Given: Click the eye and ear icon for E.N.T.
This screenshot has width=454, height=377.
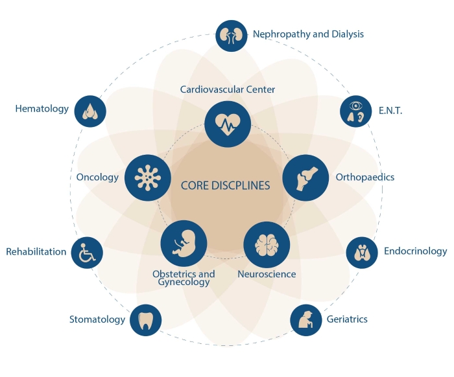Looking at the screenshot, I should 355,111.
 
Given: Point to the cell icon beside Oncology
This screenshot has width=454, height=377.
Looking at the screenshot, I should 148,177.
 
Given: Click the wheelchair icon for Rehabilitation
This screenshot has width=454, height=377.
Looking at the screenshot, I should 86,251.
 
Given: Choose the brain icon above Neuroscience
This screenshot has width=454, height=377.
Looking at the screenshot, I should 267,244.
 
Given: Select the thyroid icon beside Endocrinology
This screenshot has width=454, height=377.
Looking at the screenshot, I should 362,252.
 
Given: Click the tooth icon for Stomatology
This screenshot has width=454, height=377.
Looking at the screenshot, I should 145,319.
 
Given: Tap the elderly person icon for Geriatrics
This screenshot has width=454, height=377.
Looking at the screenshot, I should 305,319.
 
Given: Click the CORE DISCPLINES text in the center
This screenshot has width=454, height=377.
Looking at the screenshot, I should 225,186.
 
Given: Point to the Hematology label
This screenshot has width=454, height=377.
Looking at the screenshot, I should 42,109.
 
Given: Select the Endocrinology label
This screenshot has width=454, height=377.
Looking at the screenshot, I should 415,251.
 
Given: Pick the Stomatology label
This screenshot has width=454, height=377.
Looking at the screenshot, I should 97,319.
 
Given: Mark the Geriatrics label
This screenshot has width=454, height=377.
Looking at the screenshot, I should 347,319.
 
